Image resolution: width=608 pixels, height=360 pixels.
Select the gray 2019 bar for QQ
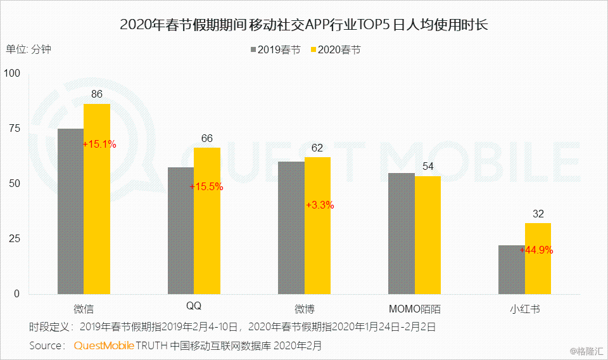(x=180, y=231)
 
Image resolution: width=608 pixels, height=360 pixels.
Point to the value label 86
(x=97, y=94)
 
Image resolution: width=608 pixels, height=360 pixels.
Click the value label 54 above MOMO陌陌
(x=427, y=166)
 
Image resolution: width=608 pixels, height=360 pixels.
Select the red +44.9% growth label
(x=536, y=250)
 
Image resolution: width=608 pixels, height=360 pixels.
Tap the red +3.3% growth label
(x=320, y=205)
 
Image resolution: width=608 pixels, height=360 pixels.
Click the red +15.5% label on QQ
(x=206, y=187)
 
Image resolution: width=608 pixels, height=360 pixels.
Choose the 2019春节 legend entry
(x=275, y=49)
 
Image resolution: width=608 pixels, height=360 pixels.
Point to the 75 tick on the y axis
(x=14, y=129)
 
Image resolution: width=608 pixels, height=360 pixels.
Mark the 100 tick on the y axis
(x=12, y=74)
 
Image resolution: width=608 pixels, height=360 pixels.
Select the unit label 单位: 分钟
(x=28, y=49)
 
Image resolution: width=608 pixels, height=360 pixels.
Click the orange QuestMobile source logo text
(x=104, y=346)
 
